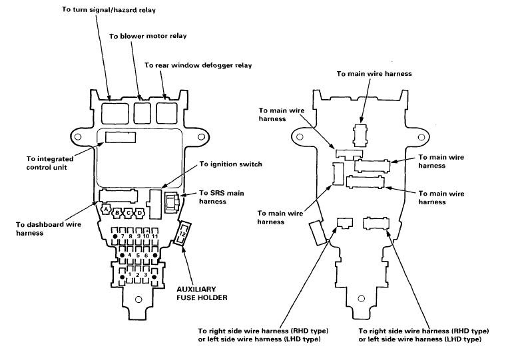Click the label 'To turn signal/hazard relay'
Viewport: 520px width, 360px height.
coord(109,9)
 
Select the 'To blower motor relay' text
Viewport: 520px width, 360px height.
coord(148,36)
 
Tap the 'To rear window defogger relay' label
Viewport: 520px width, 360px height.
coord(198,65)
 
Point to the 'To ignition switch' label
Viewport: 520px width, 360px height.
coord(230,164)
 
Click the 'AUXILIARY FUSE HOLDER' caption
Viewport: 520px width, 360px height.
coord(202,293)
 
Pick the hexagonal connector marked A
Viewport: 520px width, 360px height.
coord(106,209)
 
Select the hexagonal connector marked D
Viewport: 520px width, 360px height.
coord(140,213)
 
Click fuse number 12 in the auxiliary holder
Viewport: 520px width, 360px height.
coord(182,234)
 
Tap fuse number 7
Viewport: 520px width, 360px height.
coord(123,236)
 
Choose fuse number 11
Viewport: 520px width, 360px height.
coord(154,236)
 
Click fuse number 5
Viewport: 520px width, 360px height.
coord(138,256)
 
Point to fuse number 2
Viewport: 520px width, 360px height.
coord(138,275)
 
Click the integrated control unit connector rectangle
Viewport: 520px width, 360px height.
coord(121,137)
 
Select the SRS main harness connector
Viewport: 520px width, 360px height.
coord(172,202)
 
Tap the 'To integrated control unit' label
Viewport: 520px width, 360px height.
coord(50,163)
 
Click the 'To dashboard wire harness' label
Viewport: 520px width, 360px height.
coord(49,228)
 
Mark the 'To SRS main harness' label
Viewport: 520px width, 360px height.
coord(222,197)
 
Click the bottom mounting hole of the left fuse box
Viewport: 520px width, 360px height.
coord(138,299)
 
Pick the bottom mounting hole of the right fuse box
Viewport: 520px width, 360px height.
coord(361,298)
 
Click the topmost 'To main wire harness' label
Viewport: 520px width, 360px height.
coord(374,74)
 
